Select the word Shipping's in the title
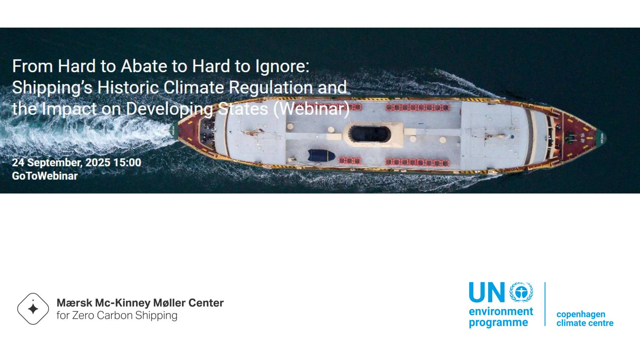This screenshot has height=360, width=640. coord(52,88)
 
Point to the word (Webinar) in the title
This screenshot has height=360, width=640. coord(311,109)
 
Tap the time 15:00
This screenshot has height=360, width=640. coord(127,162)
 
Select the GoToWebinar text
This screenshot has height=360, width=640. coord(45,176)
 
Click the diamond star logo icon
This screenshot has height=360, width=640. coord(33,309)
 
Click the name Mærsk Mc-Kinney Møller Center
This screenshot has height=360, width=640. coord(140,303)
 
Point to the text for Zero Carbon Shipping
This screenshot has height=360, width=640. coord(117,315)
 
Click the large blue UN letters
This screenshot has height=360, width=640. coord(487,292)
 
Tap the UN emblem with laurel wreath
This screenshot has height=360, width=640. coord(521,292)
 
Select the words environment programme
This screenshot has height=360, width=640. coord(501,317)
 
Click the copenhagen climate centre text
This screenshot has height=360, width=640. coord(585,318)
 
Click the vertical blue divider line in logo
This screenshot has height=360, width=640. coord(545,304)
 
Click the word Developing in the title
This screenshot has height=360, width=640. coord(169,109)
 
